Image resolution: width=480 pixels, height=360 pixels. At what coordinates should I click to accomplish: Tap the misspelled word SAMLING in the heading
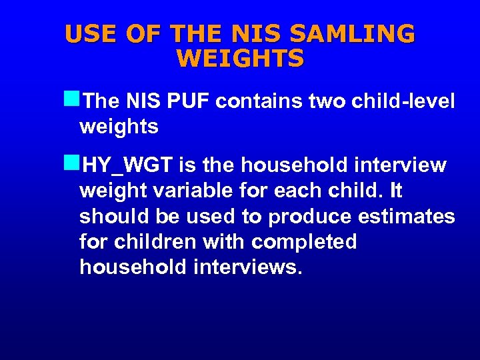click(364, 33)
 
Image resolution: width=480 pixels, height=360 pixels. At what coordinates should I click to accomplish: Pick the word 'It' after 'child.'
click(396, 191)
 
